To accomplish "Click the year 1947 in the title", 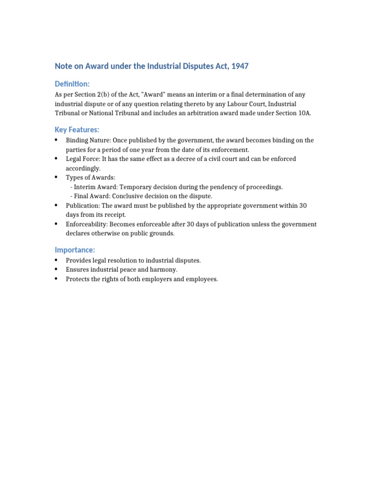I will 239,66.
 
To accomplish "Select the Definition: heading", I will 72,84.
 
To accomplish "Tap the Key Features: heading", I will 77,130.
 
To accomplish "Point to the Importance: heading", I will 75,250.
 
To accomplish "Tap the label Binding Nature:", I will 88,141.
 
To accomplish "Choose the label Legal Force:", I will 83,159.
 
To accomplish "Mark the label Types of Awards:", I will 91,178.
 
